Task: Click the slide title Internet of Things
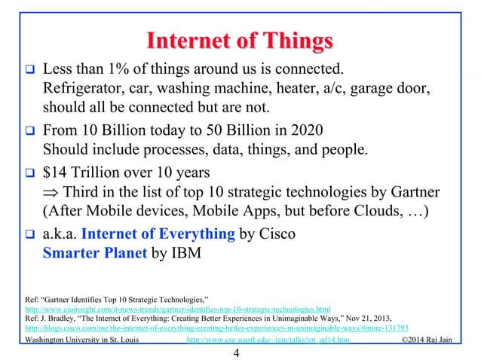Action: (240, 39)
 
